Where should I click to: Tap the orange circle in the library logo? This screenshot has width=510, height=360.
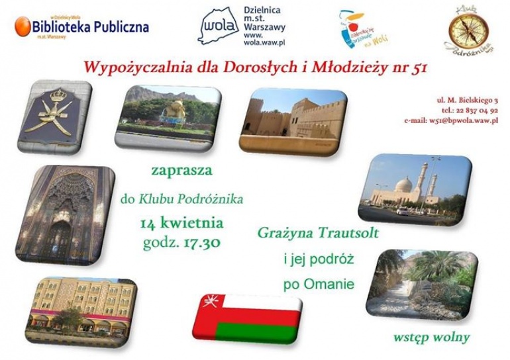point(23,26)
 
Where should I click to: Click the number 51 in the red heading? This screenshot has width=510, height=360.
point(419,66)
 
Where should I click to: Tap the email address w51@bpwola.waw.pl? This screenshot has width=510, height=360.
point(454,122)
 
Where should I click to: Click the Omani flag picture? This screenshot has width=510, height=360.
point(247,315)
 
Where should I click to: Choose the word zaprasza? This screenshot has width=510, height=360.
point(181,171)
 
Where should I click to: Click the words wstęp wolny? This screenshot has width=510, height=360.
point(431,337)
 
